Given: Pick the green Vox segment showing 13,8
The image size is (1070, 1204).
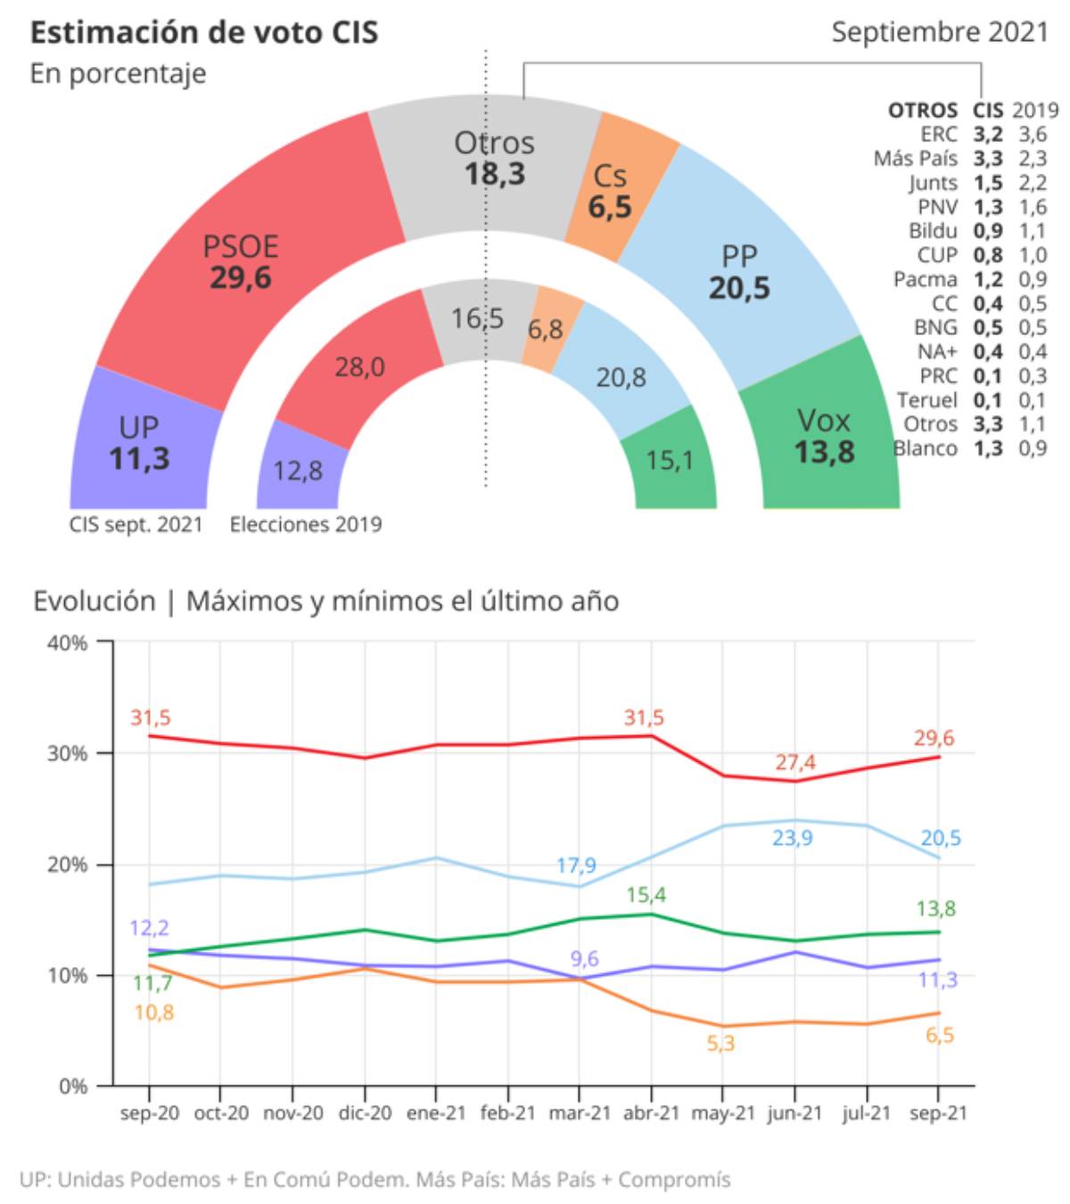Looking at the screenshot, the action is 824,434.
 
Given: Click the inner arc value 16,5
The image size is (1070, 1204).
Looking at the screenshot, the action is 477,318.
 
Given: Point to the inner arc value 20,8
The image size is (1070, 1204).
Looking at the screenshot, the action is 621,377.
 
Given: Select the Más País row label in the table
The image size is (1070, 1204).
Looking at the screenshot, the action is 916,159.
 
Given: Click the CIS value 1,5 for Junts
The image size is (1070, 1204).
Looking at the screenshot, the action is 988,183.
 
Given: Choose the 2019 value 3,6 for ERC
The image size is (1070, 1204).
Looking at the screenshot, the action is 1033,135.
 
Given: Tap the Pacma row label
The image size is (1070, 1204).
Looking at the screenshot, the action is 926,279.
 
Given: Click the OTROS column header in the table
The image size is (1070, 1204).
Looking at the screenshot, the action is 923,110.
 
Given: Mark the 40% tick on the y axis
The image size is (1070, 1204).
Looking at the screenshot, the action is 67,643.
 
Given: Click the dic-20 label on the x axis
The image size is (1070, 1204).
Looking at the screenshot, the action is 365,1112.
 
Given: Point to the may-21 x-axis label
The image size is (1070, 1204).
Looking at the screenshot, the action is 722,1112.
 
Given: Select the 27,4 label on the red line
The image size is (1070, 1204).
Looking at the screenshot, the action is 794,762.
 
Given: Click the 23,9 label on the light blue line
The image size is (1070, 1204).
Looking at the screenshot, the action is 792,838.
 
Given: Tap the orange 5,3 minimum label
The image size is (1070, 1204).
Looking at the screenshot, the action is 720,1043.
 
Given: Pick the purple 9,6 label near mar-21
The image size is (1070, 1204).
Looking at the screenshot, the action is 584,959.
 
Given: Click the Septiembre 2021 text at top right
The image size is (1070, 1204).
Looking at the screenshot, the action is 940,32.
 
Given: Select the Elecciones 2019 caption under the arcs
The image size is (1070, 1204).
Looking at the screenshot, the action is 306,525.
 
